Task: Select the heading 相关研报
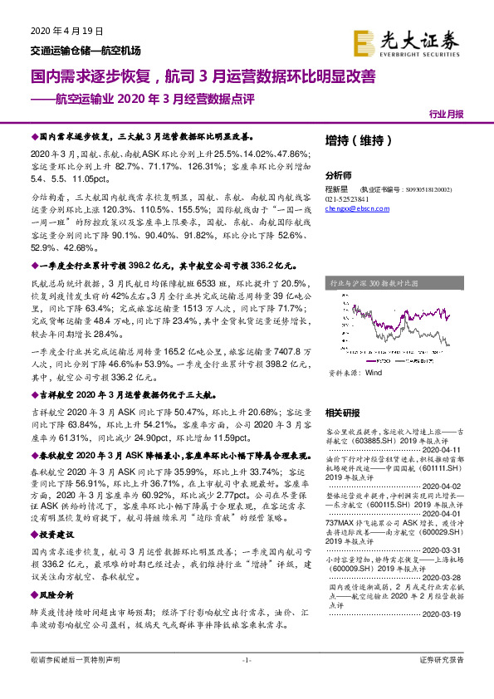pyautogui.click(x=343, y=413)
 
